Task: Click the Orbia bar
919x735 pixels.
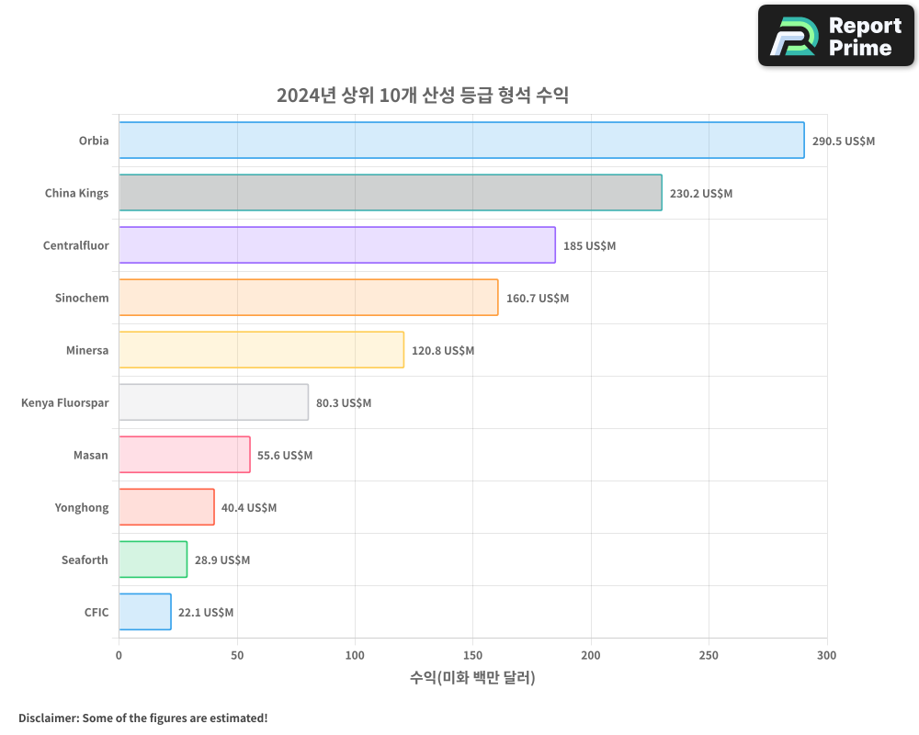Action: [x=461, y=141]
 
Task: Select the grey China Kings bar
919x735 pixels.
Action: [x=390, y=193]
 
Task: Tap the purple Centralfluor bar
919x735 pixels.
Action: [x=336, y=245]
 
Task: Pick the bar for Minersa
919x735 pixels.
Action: [x=261, y=350]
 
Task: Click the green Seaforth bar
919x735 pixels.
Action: [x=153, y=560]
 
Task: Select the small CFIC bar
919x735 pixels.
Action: [x=144, y=612]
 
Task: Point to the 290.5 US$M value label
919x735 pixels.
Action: [x=843, y=141]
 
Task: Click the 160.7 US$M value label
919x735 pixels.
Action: [x=537, y=299]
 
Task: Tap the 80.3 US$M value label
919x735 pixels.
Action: [x=343, y=403]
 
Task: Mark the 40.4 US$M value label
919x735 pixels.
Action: [x=248, y=508]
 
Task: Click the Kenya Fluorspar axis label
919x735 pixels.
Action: [x=64, y=402]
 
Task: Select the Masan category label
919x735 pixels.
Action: [x=90, y=455]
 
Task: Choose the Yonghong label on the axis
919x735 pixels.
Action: [x=81, y=507]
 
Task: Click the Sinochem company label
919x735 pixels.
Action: [x=82, y=298]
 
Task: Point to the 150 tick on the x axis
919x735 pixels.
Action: [x=473, y=655]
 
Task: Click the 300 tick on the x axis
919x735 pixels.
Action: [x=827, y=655]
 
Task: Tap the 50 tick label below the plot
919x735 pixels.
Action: [x=237, y=655]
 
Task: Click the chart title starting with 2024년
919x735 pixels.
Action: [x=423, y=96]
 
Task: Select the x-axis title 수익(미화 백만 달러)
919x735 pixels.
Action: [x=472, y=678]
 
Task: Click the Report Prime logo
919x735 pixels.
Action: [x=835, y=36]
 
